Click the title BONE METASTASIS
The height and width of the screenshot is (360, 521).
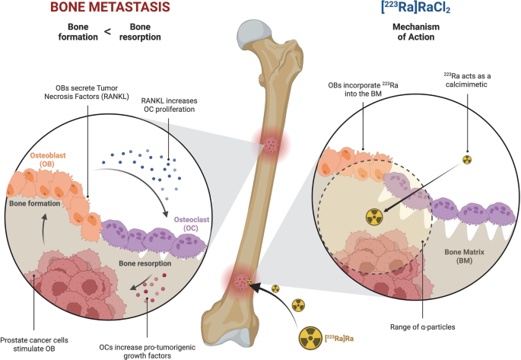point(113,9)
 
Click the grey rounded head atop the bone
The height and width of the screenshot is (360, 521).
point(253,34)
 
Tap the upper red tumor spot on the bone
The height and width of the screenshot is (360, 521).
point(271,144)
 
